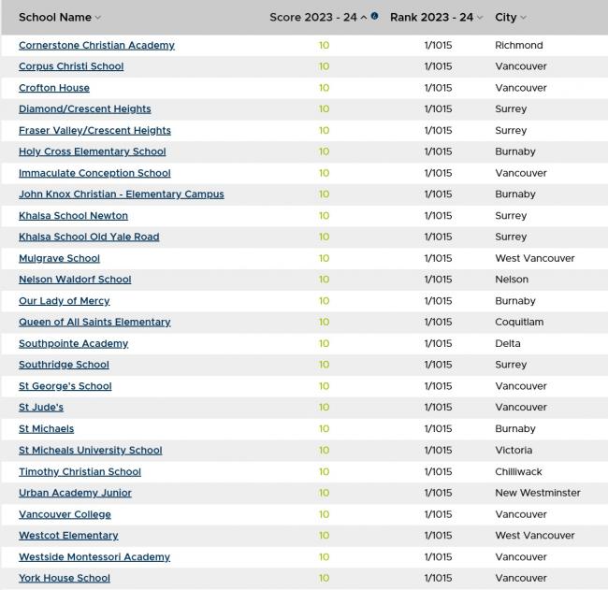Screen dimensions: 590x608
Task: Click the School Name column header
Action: (55, 17)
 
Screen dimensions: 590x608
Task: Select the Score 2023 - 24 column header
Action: (312, 17)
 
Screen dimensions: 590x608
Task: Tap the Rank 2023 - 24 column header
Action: (431, 17)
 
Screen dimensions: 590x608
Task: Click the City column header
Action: (506, 17)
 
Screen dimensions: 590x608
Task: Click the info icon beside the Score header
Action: (375, 16)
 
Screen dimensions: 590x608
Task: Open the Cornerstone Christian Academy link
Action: (96, 45)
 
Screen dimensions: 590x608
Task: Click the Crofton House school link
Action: (54, 88)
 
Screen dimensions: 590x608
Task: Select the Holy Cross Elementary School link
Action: (92, 151)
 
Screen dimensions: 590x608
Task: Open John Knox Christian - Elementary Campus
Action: (121, 194)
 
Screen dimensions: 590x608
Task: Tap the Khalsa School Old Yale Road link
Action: (89, 237)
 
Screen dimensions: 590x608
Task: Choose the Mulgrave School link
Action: (59, 258)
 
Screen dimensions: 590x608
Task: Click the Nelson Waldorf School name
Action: (75, 280)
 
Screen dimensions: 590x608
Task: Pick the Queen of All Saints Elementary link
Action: (94, 322)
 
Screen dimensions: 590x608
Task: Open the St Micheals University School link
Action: (90, 450)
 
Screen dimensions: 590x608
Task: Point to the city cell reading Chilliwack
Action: (518, 471)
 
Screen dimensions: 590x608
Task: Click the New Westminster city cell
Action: (537, 493)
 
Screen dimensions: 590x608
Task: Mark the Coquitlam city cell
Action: (518, 322)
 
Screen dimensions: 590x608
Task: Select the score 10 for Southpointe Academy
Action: (324, 343)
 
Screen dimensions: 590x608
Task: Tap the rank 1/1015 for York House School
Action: (438, 578)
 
